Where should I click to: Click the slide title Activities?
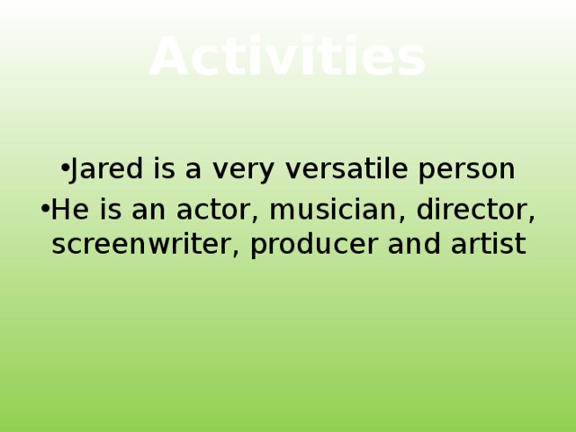(287, 57)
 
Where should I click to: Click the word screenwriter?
(141, 244)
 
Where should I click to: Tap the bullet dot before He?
(45, 209)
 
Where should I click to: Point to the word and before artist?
(418, 244)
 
